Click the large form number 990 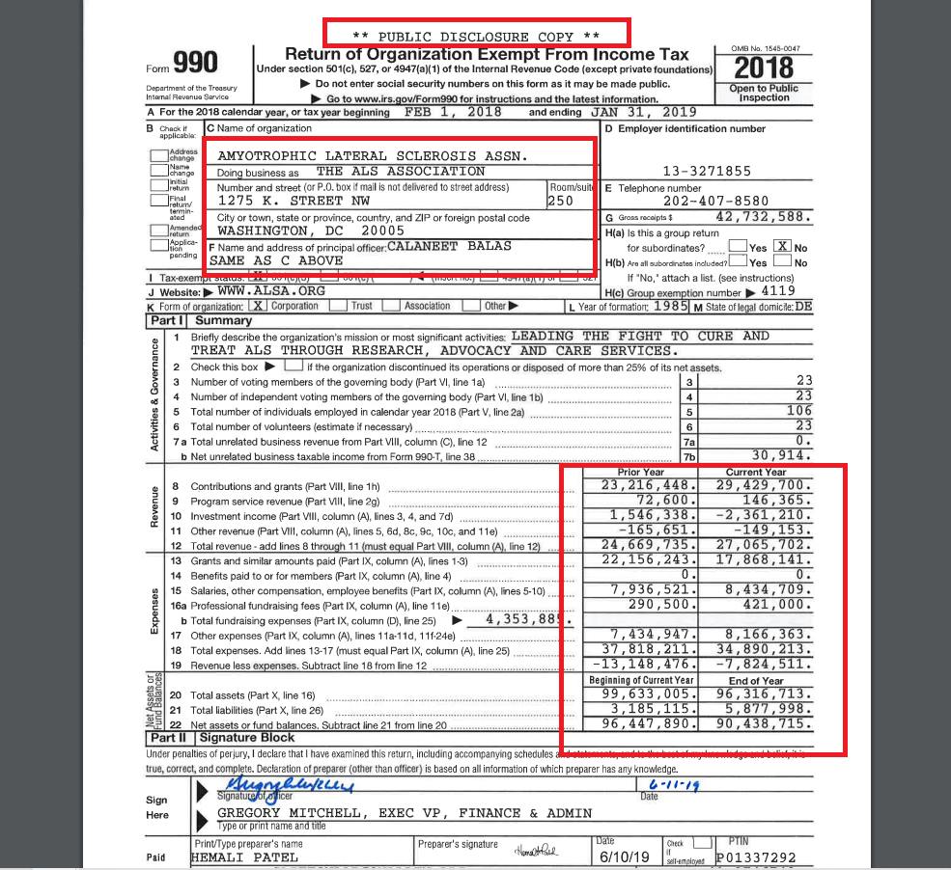tap(195, 63)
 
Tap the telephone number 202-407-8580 tap(715, 202)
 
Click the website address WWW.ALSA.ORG tap(258, 290)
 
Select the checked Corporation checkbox tap(258, 306)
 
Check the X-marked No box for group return tap(783, 247)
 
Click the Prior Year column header tap(640, 472)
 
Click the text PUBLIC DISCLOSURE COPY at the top tap(476, 37)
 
